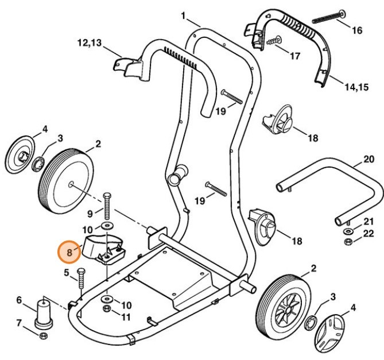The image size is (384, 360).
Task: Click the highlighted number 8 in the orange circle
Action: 69,251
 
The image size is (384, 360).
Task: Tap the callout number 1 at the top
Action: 183,16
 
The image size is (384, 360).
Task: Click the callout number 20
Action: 368,160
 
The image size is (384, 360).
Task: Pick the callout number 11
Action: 126,316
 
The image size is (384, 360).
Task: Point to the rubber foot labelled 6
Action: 44,313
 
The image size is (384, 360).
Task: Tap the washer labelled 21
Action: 348,231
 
